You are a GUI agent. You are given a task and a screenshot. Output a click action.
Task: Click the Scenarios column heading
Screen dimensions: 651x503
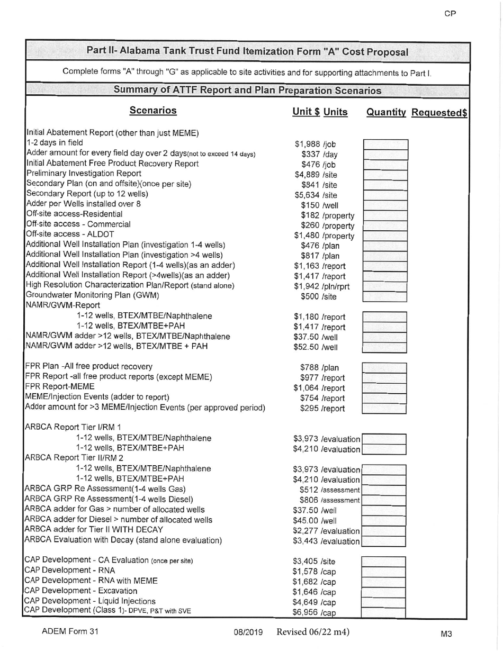pyautogui.click(x=153, y=111)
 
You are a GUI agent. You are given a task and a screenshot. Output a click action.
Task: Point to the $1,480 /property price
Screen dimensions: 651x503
pyautogui.click(x=324, y=236)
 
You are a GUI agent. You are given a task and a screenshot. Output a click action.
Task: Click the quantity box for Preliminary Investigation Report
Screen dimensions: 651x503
pyautogui.click(x=385, y=175)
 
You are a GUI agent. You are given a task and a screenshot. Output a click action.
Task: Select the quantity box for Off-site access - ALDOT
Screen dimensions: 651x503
pyautogui.click(x=385, y=236)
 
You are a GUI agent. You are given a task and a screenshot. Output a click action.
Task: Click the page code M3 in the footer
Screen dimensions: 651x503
pyautogui.click(x=446, y=633)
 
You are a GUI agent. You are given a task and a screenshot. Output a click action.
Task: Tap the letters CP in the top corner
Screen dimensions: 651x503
pyautogui.click(x=450, y=14)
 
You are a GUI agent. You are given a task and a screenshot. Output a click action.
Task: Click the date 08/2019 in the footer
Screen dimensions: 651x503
pyautogui.click(x=248, y=632)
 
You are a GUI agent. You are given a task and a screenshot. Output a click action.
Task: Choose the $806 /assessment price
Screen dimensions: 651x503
pyautogui.click(x=329, y=500)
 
